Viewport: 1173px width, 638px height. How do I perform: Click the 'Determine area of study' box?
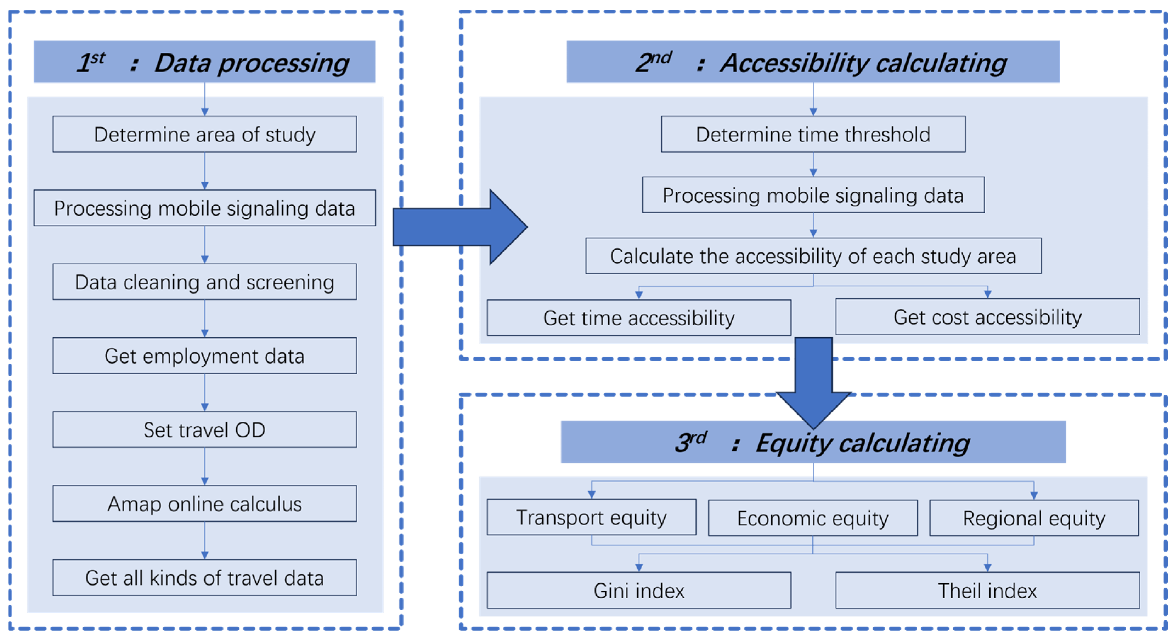pyautogui.click(x=204, y=134)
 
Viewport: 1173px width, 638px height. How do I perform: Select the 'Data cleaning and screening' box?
pyautogui.click(x=204, y=282)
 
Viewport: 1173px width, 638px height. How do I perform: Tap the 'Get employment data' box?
pyautogui.click(x=204, y=355)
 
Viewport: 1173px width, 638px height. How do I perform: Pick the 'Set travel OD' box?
pyautogui.click(x=204, y=429)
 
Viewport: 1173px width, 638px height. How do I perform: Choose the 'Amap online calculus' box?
pyautogui.click(x=204, y=503)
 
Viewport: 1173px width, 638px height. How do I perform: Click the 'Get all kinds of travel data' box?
pyautogui.click(x=204, y=577)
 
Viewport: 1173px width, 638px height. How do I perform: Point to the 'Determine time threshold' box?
pyautogui.click(x=813, y=134)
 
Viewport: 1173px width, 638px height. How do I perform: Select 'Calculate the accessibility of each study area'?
pyautogui.click(x=813, y=256)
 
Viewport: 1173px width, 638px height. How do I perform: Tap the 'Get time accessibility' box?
pyautogui.click(x=639, y=318)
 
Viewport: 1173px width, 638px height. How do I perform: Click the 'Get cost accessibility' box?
pyautogui.click(x=988, y=317)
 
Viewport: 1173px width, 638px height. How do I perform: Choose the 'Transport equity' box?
pyautogui.click(x=592, y=517)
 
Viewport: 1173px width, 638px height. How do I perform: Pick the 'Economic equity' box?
pyautogui.click(x=813, y=518)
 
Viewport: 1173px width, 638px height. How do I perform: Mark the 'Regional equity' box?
pyautogui.click(x=1034, y=518)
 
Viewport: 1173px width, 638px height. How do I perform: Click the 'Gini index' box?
pyautogui.click(x=639, y=590)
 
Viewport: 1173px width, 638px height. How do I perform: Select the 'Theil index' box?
pyautogui.click(x=988, y=590)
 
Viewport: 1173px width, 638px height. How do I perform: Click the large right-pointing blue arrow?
pyautogui.click(x=460, y=227)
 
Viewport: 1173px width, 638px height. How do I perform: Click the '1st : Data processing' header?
pyautogui.click(x=204, y=62)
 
